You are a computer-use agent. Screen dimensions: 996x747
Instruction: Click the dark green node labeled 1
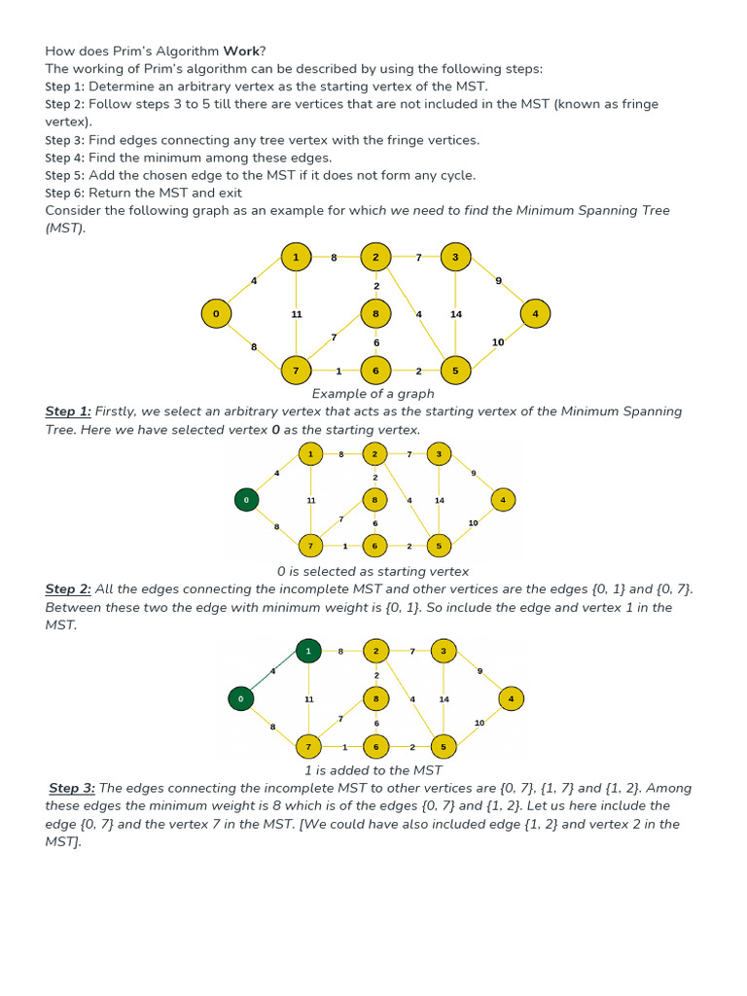[308, 650]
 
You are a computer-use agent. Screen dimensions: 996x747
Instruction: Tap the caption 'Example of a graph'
[373, 394]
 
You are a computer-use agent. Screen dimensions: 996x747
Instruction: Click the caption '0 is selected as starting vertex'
[373, 572]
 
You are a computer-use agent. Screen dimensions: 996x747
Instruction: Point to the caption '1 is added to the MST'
[373, 770]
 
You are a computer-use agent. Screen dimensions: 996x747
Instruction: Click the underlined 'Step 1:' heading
[68, 411]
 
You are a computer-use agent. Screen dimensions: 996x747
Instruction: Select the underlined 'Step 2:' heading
[68, 589]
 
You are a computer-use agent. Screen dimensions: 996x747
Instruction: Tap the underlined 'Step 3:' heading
[72, 788]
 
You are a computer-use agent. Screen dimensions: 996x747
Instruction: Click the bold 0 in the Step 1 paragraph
[275, 430]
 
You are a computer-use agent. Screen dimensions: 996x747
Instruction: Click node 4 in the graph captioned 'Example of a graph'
[535, 313]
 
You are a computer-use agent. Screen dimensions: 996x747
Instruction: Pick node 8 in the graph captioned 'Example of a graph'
[375, 313]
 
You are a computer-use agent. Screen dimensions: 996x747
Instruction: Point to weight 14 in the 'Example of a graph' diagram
[456, 314]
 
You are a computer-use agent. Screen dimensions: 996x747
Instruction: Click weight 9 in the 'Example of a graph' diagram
[498, 280]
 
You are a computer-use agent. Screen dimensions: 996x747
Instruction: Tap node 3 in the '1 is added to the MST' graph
[444, 650]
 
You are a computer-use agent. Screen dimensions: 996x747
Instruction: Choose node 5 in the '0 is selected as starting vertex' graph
[439, 546]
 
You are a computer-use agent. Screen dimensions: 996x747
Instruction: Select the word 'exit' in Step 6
[230, 193]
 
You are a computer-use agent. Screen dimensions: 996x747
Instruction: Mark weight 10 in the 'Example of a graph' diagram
[498, 342]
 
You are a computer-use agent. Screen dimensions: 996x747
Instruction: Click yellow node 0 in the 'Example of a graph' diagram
[216, 313]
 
